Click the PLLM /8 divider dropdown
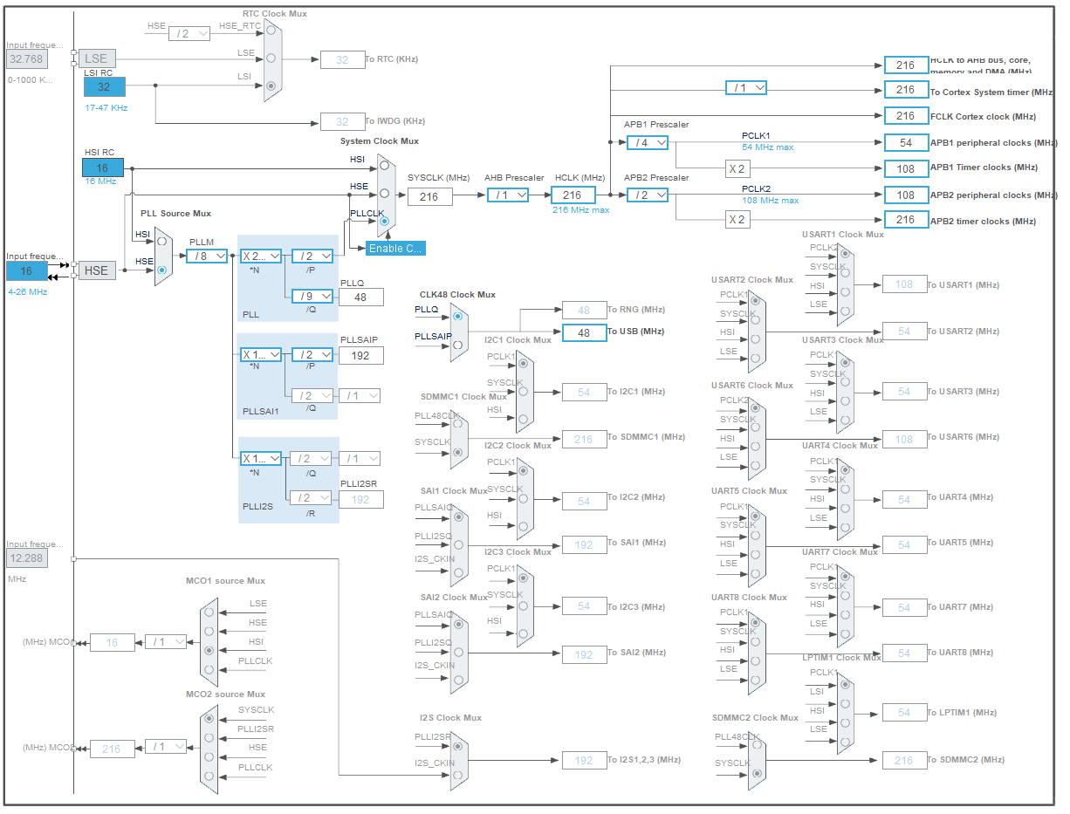click(x=207, y=256)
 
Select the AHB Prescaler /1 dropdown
click(x=508, y=195)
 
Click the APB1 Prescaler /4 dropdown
click(x=647, y=142)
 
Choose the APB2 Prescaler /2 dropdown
click(x=647, y=195)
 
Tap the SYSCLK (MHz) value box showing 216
click(x=429, y=196)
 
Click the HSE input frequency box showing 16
click(x=27, y=270)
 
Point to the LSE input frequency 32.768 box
click(x=27, y=59)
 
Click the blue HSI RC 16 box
click(x=103, y=168)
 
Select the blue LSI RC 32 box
click(x=104, y=86)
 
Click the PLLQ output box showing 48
click(x=361, y=297)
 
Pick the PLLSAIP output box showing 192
click(x=361, y=355)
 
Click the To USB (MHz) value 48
click(x=584, y=332)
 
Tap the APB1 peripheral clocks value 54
click(x=906, y=142)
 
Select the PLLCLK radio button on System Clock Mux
click(x=384, y=221)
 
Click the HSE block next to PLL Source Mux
click(x=96, y=270)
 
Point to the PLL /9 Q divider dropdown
click(x=312, y=296)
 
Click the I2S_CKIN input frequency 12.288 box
click(x=27, y=557)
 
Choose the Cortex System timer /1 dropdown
click(x=746, y=88)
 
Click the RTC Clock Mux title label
click(x=275, y=14)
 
